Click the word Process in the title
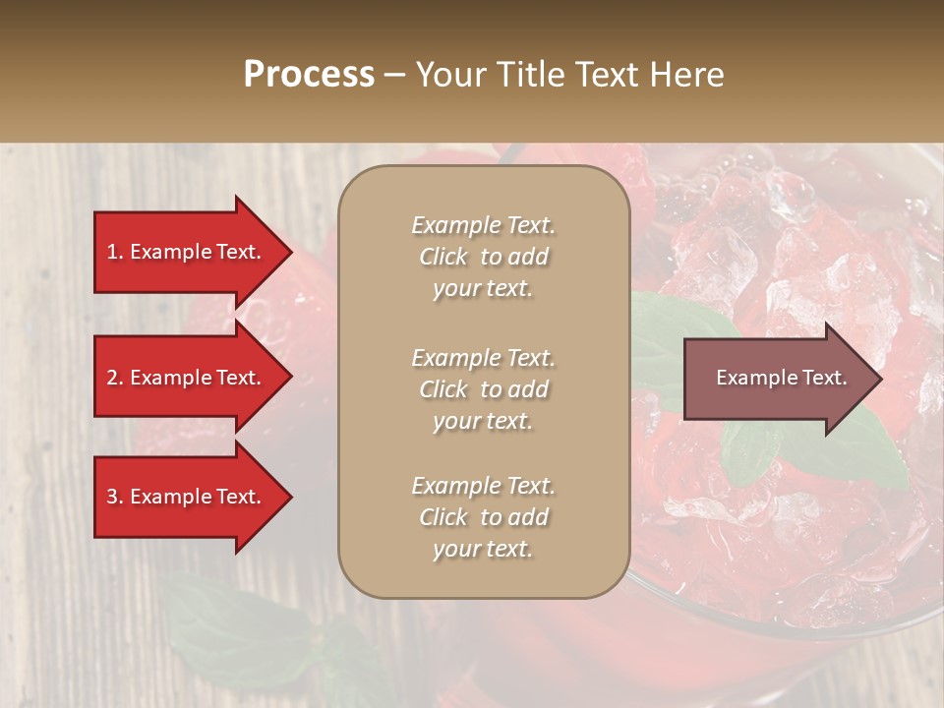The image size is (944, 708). [309, 75]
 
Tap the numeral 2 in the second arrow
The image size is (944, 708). [112, 378]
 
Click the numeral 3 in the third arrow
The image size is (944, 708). [112, 497]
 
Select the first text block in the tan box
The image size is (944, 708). [483, 257]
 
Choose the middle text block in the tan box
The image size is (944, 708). [483, 389]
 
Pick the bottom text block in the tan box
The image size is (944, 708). [483, 517]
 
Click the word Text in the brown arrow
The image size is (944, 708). [824, 378]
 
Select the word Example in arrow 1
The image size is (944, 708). [171, 252]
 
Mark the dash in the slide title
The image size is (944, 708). [395, 75]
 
